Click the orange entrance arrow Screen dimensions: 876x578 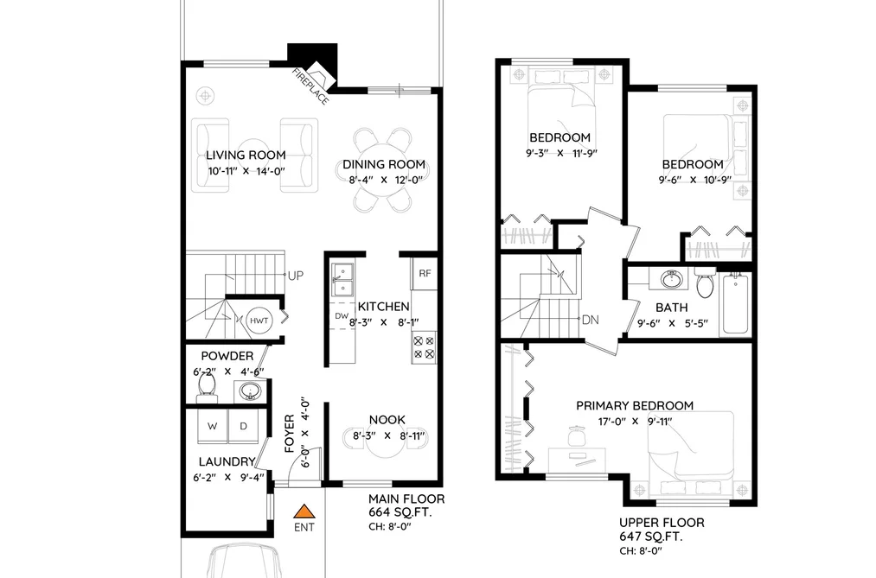tap(304, 511)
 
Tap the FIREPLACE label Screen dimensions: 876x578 tap(310, 86)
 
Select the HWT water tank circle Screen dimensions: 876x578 tap(259, 321)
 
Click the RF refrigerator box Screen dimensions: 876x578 tap(425, 273)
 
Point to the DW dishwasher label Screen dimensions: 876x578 tap(342, 316)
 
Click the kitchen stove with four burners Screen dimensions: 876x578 tap(424, 347)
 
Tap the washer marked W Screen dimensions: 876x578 tap(213, 426)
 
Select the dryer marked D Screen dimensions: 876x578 tap(244, 426)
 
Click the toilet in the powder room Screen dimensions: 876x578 tap(206, 387)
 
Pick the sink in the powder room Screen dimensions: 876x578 tap(249, 391)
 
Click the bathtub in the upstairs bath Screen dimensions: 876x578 tap(736, 305)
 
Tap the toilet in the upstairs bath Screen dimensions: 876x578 tap(706, 283)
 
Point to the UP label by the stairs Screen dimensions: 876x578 tap(296, 276)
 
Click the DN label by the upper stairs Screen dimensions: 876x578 tap(591, 321)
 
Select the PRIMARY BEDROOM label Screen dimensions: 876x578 tap(635, 405)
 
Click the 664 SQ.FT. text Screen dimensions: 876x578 tap(400, 512)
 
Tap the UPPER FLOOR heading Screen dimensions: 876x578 tap(662, 523)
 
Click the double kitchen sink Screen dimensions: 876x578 tap(342, 280)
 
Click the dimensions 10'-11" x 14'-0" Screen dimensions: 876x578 tap(246, 171)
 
